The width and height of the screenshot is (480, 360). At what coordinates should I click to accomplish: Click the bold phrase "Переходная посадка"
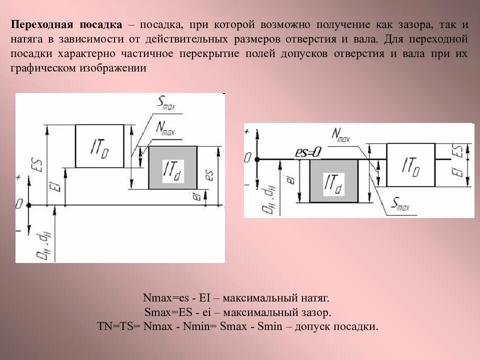coord(67,24)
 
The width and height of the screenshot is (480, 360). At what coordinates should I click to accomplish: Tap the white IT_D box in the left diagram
coord(99,145)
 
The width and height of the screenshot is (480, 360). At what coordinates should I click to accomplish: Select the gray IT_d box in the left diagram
coord(172,167)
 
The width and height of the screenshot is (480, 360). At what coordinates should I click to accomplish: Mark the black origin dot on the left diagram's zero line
coord(29,205)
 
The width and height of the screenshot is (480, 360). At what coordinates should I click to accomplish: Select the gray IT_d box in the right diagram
coord(333,180)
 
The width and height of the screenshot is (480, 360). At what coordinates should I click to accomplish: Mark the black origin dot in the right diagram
coord(257,159)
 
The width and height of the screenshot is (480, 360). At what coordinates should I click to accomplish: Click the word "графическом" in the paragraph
coord(41,68)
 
